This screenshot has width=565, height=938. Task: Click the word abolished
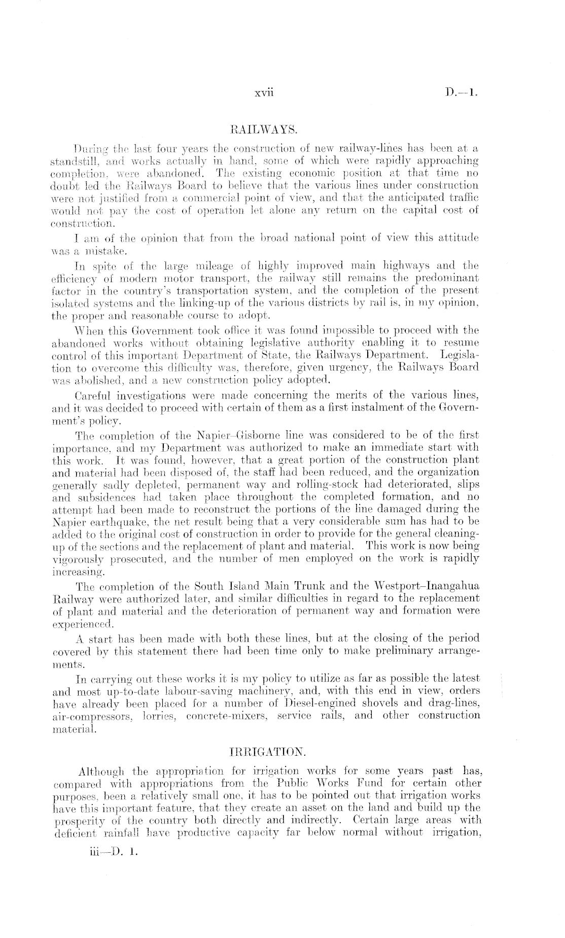[x=77, y=380]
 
